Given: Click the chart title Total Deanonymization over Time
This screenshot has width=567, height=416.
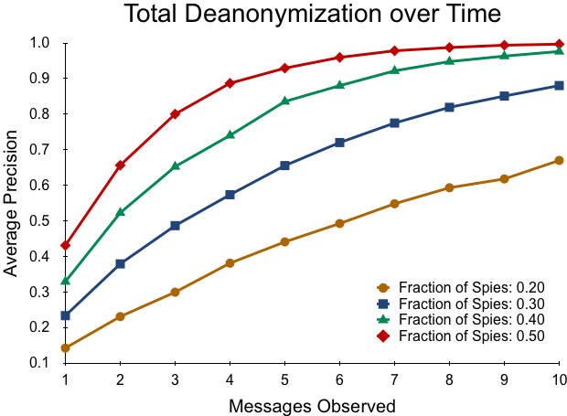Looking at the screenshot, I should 313,14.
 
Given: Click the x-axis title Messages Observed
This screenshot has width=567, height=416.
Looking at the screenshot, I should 313,404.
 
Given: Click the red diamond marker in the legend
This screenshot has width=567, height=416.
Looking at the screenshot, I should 383,336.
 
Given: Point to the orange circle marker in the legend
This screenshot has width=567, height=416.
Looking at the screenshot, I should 383,288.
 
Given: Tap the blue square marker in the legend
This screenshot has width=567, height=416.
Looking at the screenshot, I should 383,304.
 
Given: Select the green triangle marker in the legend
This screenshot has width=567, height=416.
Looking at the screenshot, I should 383,319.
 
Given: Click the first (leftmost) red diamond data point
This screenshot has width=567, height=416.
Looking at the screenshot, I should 65,245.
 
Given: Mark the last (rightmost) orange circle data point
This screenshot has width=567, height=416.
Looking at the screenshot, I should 559,160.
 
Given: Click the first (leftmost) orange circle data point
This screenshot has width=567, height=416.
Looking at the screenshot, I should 65,347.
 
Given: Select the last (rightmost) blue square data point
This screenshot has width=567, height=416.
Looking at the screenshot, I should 559,85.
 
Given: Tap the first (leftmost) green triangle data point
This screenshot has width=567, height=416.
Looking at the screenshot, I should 65,280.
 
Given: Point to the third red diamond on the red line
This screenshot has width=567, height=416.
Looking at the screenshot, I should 175,113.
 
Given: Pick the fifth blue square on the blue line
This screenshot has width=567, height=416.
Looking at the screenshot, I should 284,165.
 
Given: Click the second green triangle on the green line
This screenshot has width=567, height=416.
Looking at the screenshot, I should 120,211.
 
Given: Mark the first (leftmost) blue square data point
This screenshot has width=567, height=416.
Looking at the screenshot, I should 65,315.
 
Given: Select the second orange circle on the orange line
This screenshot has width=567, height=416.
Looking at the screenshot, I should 120,316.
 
